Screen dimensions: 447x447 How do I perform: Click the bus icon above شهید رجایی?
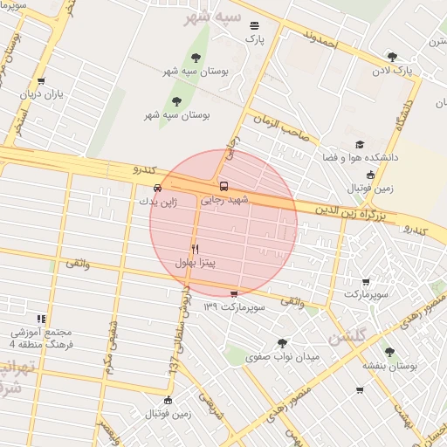(x=223, y=186)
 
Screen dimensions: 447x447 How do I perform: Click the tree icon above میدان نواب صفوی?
(x=280, y=343)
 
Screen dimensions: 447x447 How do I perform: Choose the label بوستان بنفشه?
(x=389, y=366)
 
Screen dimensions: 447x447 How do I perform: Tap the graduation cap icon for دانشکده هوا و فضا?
(x=360, y=145)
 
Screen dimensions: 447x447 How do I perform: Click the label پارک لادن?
(x=392, y=69)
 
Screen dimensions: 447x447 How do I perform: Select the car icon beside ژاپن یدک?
(x=157, y=187)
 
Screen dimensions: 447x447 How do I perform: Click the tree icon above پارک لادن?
(x=392, y=57)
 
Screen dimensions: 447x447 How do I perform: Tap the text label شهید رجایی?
(x=225, y=200)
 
